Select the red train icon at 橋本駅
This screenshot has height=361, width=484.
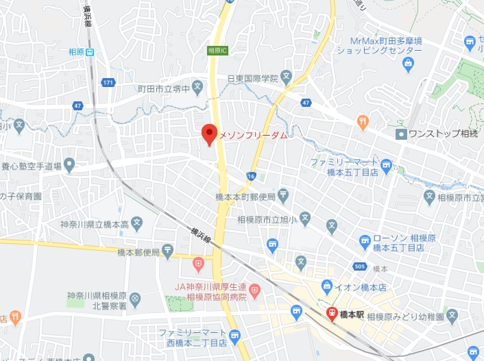coord(332,314)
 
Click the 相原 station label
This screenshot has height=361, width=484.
coord(77,51)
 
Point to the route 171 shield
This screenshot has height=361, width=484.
coord(107,83)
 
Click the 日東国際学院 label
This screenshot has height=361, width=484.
coord(253,78)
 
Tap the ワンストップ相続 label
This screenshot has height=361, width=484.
coord(443,134)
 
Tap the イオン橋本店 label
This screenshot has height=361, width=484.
coord(357,286)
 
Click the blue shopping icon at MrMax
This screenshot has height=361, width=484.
coord(409,66)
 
